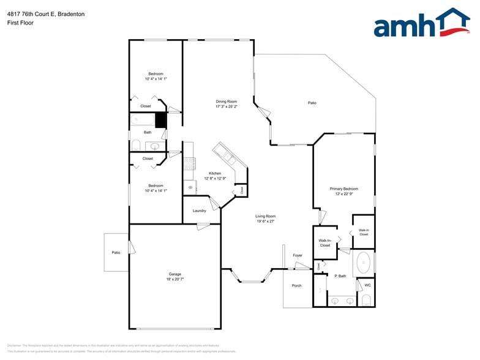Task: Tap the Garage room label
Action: [175, 274]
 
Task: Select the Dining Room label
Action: [226, 102]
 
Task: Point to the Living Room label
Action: [266, 216]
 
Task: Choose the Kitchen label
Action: [215, 173]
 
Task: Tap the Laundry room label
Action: [199, 211]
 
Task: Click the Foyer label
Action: [298, 255]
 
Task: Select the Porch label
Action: [296, 285]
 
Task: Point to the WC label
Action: [367, 285]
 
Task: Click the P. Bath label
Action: [340, 276]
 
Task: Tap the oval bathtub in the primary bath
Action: [363, 262]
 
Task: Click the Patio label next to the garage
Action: [116, 252]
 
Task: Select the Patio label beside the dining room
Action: [312, 103]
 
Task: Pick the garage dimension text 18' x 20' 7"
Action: [175, 279]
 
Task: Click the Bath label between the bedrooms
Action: [148, 132]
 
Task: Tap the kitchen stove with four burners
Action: [189, 163]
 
